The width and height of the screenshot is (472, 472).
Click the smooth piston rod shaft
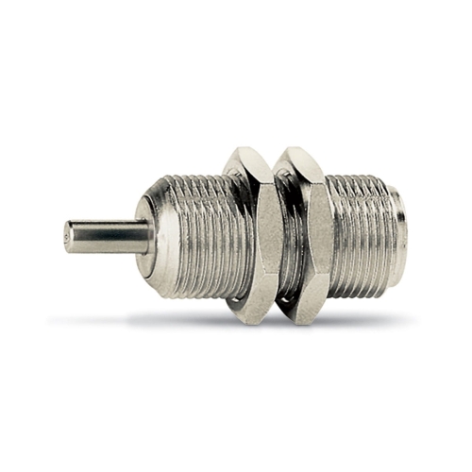point(109,235)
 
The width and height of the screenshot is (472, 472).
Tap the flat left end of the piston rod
point(68,235)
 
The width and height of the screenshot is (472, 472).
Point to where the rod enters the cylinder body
point(148,235)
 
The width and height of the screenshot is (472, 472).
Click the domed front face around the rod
point(151,212)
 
